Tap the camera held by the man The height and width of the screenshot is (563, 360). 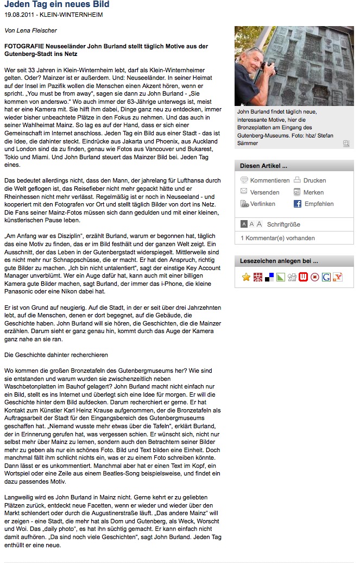point(269,68)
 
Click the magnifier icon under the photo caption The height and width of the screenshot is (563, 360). point(346,143)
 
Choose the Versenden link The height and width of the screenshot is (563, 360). point(264,192)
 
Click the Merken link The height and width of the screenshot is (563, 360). point(313,192)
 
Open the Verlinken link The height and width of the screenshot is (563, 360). point(262,204)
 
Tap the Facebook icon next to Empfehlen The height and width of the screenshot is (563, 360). point(298,204)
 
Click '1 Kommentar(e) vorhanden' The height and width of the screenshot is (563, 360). point(277,238)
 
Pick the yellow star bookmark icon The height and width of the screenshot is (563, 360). point(246,277)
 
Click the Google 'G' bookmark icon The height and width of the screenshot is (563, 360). point(326,277)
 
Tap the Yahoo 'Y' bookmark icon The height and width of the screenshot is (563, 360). point(338,277)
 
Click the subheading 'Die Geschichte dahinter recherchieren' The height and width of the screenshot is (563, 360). point(56,355)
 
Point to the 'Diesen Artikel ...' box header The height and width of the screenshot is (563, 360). point(264,166)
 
